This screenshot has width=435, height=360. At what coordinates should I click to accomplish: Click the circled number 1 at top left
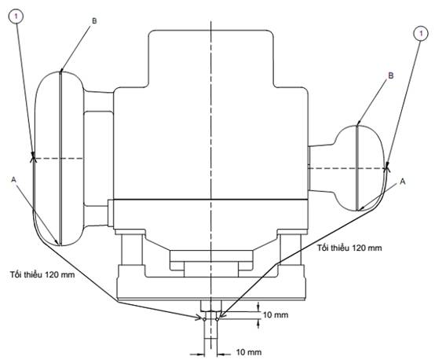(16, 17)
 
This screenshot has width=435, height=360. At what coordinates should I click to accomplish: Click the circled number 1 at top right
(421, 34)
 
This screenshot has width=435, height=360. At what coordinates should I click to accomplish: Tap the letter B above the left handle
(94, 21)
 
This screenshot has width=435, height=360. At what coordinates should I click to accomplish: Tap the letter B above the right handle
(390, 75)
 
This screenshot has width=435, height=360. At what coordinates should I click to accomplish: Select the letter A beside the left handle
(13, 180)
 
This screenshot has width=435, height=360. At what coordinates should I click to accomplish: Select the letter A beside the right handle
(403, 182)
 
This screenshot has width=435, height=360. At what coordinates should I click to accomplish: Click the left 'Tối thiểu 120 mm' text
(42, 274)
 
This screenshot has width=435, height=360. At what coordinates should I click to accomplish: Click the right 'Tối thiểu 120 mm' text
(349, 248)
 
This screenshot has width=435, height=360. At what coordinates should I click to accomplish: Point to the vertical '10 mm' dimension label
(276, 314)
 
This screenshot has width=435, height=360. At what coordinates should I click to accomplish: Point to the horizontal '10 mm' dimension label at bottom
(249, 352)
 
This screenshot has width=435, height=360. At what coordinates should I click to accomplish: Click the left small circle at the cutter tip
(204, 319)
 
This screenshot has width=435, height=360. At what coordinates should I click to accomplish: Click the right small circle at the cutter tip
(217, 319)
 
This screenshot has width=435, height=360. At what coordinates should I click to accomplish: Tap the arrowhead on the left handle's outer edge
(33, 158)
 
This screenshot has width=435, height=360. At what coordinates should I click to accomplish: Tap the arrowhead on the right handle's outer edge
(386, 167)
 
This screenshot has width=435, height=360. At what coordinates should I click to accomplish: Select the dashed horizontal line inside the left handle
(58, 159)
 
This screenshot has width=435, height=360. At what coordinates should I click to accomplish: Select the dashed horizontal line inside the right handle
(347, 168)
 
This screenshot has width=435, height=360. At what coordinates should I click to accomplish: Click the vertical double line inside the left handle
(60, 159)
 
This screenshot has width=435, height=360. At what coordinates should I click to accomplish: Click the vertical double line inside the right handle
(357, 168)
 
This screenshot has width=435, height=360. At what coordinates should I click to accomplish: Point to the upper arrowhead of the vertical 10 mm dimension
(258, 307)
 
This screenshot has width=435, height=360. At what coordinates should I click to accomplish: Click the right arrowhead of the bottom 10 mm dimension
(221, 354)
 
